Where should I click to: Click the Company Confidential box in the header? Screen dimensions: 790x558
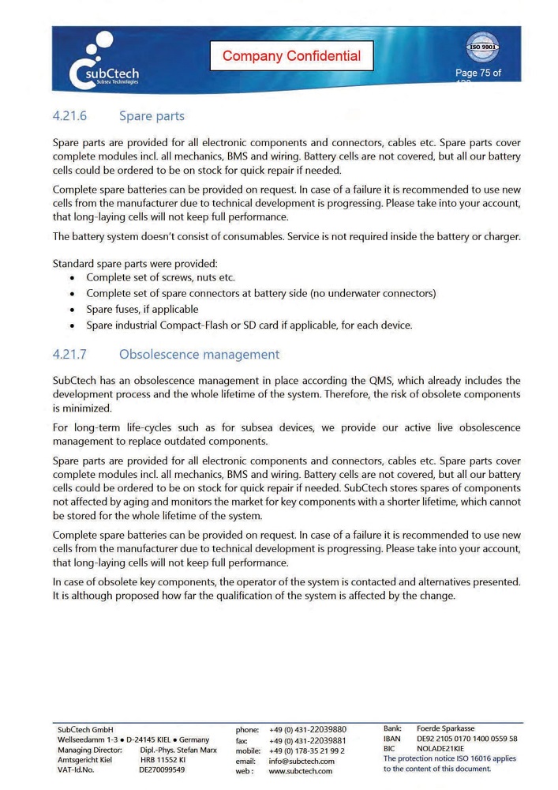tap(291, 55)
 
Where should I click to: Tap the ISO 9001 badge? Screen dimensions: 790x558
tap(481, 47)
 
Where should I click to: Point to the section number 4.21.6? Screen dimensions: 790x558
tap(69, 116)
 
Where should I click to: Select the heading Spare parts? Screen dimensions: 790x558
tap(152, 116)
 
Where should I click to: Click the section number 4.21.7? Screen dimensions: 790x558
tap(69, 355)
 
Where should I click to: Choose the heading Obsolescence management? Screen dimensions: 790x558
tap(199, 355)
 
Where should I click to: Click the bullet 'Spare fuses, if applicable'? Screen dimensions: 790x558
tap(142, 310)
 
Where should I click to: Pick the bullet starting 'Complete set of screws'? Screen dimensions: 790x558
tap(160, 278)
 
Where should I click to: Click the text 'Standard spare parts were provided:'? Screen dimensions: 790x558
tap(135, 263)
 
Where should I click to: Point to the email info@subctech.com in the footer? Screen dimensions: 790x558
tap(301, 761)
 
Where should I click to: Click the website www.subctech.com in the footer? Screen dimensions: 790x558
tap(301, 771)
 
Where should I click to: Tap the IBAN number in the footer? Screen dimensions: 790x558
tap(466, 739)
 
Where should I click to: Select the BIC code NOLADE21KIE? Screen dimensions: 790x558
tap(440, 749)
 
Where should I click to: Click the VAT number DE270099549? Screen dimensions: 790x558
tap(162, 769)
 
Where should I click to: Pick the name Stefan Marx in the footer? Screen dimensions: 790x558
tap(197, 750)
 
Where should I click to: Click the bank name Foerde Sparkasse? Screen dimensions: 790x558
tap(445, 728)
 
